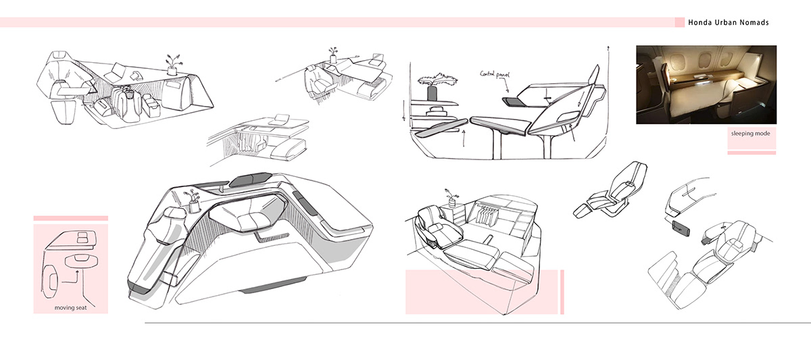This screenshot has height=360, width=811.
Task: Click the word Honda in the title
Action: (701, 22)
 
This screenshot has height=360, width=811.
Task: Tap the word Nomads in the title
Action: (754, 22)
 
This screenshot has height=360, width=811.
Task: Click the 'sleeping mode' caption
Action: (750, 134)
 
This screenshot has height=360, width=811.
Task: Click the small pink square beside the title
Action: (679, 22)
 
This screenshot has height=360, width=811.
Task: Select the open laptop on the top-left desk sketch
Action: (118, 69)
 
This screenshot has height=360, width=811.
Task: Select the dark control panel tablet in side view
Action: (513, 101)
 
